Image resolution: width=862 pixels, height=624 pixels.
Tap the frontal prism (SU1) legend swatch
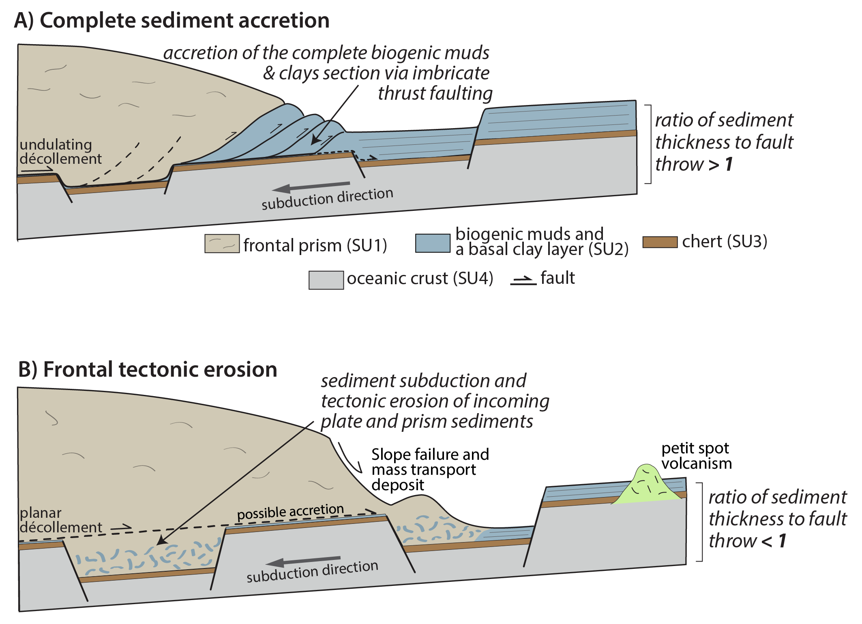point(222,244)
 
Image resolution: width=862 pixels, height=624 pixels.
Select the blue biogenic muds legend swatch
point(433,243)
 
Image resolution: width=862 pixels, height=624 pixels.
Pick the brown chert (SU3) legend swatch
point(660,242)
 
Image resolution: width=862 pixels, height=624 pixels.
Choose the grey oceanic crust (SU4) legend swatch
point(326,280)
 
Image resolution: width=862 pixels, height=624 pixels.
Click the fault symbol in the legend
point(523,280)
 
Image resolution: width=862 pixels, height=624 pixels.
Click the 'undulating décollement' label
point(60,152)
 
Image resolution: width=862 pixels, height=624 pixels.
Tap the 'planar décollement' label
point(60,520)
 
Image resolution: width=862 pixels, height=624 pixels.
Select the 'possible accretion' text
point(290,512)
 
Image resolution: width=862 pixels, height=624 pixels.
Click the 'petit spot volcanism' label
point(696,456)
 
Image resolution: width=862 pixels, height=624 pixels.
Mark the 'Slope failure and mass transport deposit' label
point(430,470)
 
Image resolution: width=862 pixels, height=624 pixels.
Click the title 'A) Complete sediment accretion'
point(172,20)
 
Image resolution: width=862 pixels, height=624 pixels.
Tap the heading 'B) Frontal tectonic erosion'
point(148,369)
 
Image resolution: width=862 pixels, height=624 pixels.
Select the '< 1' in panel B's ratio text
point(774,541)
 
